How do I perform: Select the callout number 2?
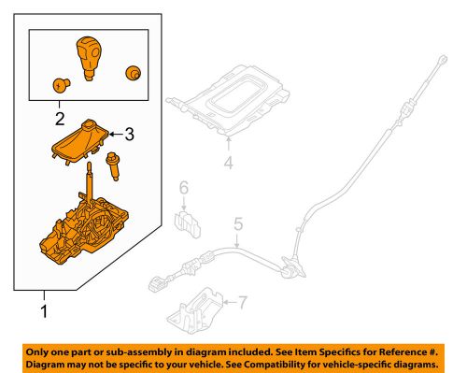[x=59, y=118]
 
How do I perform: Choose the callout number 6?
[x=184, y=189]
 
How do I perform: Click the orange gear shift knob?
[x=90, y=57]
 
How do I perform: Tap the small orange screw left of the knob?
[x=59, y=83]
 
